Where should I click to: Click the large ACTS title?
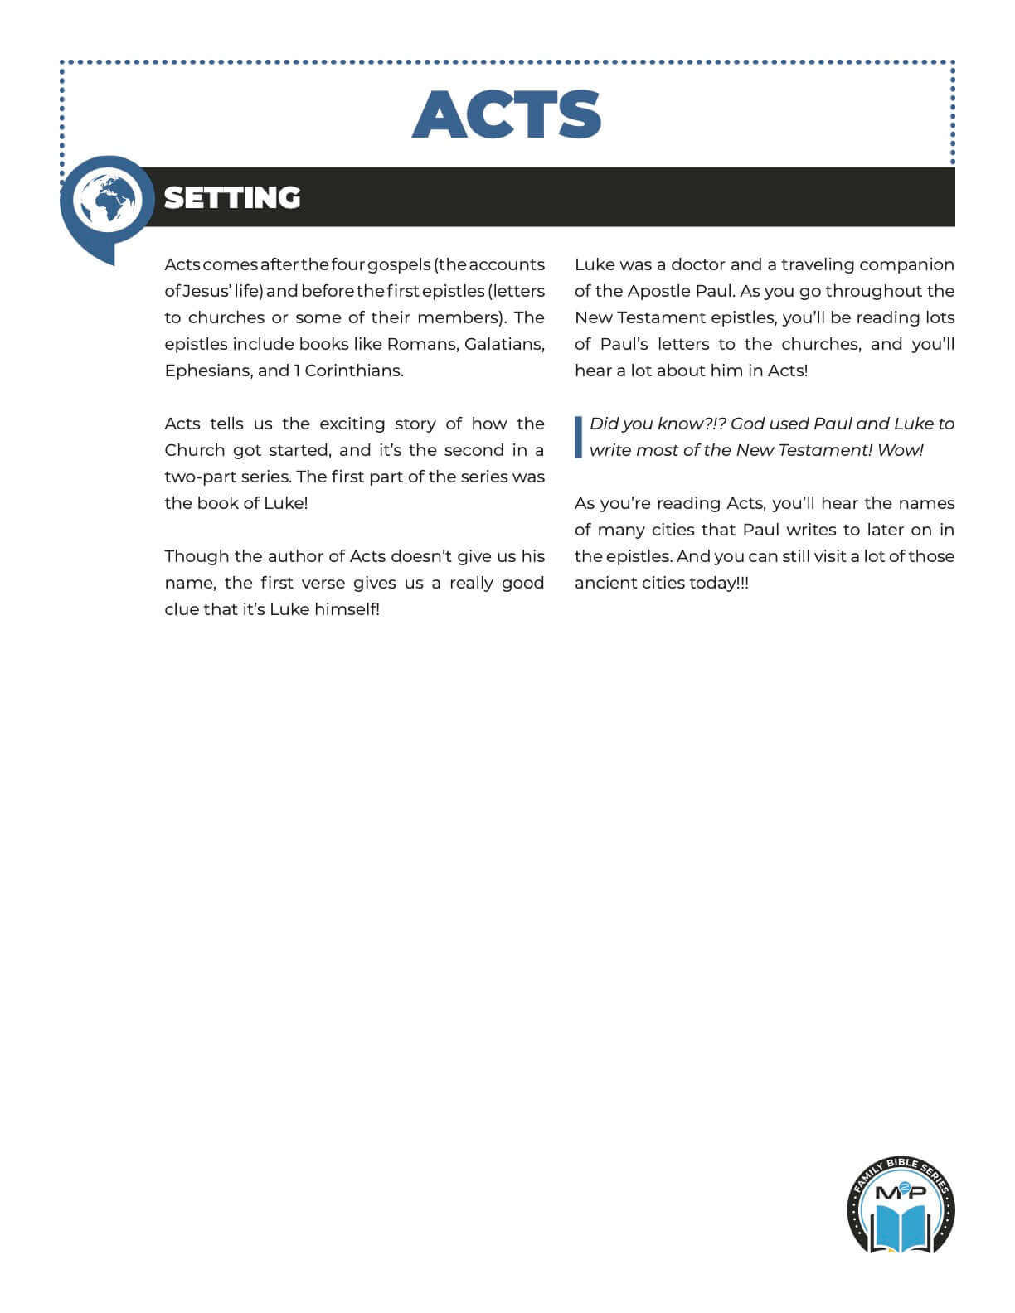click(x=507, y=114)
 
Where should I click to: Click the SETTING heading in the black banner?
click(x=232, y=198)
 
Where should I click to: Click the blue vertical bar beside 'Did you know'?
click(x=579, y=437)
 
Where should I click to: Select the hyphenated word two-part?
click(x=200, y=477)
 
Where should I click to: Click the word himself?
click(x=347, y=609)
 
